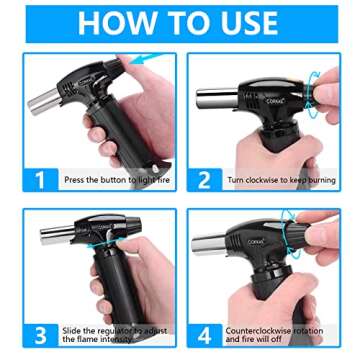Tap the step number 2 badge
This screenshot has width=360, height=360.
coord(204,180)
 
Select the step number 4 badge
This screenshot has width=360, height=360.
coord(204,335)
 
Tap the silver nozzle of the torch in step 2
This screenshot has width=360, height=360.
coord(212,97)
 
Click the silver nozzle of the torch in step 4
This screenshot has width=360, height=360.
coord(208,243)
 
